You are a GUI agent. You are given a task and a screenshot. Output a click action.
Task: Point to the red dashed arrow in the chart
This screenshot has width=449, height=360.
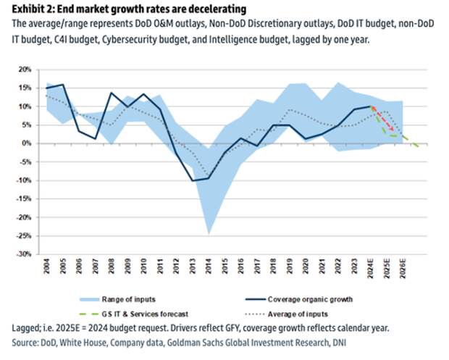point(379,120)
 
